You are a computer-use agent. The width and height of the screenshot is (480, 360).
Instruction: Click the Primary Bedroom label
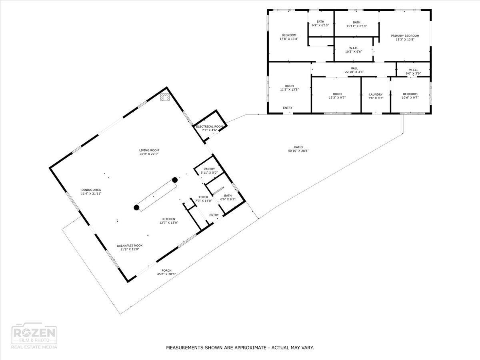[405, 36]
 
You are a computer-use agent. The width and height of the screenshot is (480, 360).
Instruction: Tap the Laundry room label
[376, 94]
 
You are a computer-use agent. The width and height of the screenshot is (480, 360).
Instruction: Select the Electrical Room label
[209, 126]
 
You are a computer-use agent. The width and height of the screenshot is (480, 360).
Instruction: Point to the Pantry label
[209, 169]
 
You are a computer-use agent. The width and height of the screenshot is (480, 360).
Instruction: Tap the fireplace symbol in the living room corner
[165, 97]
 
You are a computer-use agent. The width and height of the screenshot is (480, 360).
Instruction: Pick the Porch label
[166, 270]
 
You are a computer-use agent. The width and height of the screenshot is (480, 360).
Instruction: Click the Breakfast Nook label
[130, 246]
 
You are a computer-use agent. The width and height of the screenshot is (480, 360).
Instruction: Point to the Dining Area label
[91, 190]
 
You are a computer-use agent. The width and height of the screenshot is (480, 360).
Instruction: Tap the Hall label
[354, 68]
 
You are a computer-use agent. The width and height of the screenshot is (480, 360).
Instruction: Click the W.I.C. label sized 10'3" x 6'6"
[353, 48]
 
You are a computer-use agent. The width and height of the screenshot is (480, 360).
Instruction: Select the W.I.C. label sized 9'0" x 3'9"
[413, 70]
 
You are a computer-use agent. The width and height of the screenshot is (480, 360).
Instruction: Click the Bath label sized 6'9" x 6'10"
[320, 22]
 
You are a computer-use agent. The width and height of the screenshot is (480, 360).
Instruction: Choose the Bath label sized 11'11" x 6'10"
[356, 22]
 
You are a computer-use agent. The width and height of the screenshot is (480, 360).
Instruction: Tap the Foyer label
[204, 197]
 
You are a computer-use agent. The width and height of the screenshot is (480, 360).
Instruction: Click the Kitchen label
[168, 219]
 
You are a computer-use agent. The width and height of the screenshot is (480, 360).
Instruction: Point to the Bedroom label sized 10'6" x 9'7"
[410, 94]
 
